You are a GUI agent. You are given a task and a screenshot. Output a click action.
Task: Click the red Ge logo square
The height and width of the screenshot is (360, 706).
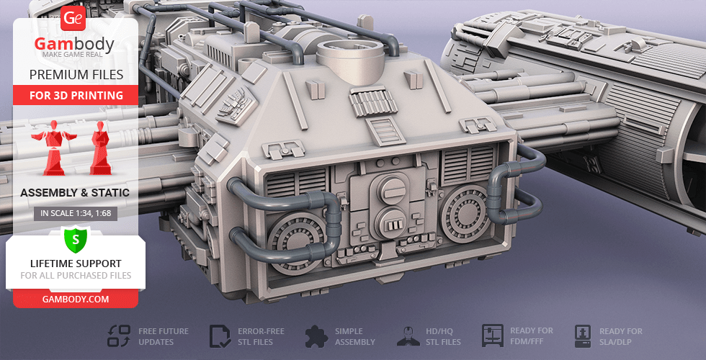pos(73,18)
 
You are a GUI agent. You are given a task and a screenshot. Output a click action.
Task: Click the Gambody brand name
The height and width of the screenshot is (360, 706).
pos(74,44)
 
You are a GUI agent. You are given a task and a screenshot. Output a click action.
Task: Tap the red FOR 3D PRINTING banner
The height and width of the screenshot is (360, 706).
pos(76,95)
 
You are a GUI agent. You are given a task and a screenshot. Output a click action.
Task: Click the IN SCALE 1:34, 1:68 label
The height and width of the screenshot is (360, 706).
pos(76,213)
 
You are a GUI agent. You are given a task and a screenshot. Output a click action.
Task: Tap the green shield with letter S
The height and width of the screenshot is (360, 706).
pos(76,240)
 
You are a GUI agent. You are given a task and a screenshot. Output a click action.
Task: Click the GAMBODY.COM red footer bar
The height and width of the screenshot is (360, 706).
pos(76,299)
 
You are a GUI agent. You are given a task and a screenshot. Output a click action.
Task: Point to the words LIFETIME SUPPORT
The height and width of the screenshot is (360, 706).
pos(76,264)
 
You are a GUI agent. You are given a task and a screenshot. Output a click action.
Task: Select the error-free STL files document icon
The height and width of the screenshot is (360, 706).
pos(220,336)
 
